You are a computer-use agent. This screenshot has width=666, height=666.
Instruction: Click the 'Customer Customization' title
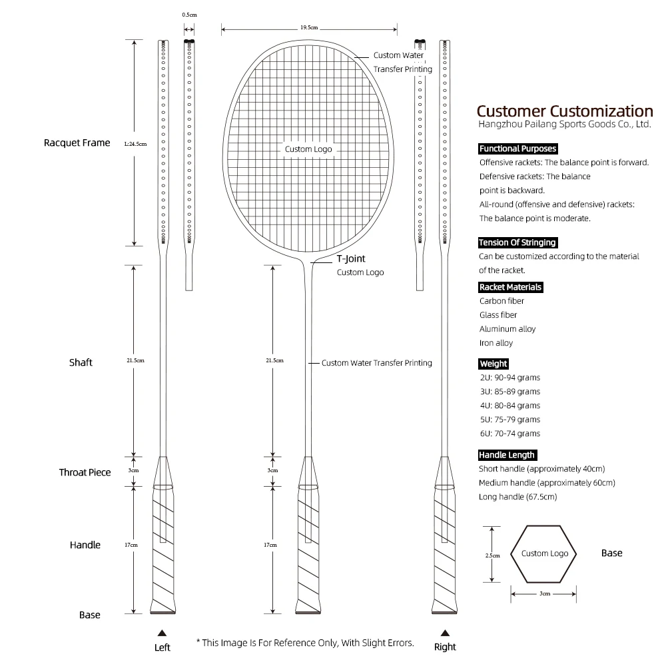[x=565, y=111]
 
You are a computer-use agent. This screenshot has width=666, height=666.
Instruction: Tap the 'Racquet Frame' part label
[x=77, y=143]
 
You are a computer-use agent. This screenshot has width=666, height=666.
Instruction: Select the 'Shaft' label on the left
[x=81, y=362]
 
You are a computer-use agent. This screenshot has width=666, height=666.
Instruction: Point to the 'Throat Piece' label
[x=85, y=472]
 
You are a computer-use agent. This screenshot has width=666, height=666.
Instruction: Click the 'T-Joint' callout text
[x=351, y=259]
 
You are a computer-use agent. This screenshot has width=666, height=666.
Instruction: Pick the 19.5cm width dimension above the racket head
[x=309, y=28]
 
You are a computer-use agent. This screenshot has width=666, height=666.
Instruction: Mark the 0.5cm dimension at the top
[x=189, y=15]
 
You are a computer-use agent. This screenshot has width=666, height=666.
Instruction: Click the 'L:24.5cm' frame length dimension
[x=135, y=143]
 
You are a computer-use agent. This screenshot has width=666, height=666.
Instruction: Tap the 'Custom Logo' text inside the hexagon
[x=545, y=553]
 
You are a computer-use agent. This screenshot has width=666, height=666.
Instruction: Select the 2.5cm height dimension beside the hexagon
[x=492, y=554]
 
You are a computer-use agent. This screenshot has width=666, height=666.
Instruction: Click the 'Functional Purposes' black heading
[x=517, y=149]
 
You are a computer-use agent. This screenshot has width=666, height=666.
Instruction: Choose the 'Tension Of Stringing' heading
[x=517, y=242]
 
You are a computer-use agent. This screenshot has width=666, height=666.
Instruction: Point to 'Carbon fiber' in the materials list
[x=502, y=301]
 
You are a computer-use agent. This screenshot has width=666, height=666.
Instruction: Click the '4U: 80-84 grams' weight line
[x=509, y=406]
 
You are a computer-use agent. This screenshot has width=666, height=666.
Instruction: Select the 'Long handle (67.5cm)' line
[x=517, y=497]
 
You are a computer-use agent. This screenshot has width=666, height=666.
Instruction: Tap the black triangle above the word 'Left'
[x=161, y=632]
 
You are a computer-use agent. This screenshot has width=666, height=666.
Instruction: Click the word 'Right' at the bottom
[x=445, y=647]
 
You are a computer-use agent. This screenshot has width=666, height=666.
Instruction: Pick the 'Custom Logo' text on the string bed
[x=308, y=149]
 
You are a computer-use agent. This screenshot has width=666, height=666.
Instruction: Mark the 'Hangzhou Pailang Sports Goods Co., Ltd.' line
[x=565, y=125]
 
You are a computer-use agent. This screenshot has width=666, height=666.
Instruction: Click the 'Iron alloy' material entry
[x=496, y=343]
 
